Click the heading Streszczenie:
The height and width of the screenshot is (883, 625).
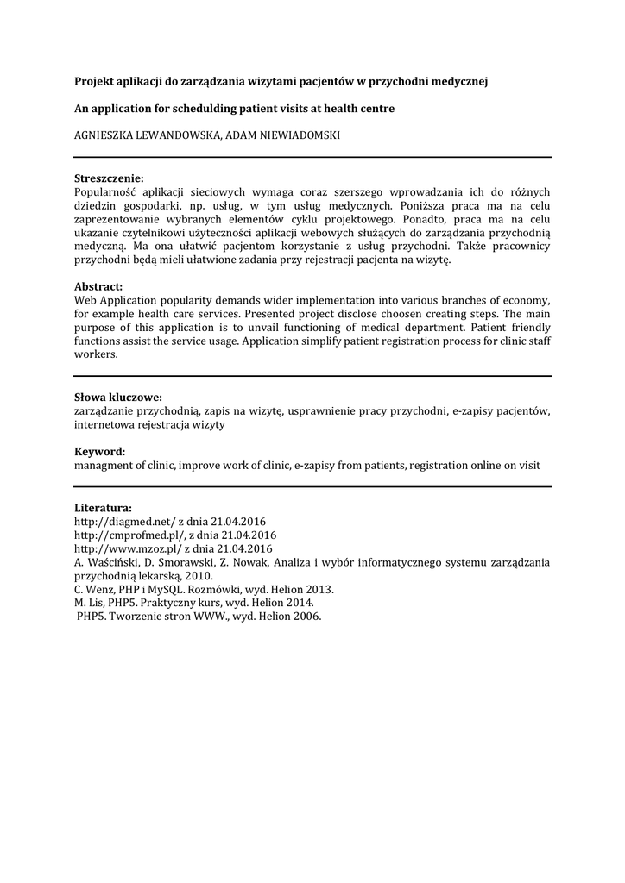[109, 178]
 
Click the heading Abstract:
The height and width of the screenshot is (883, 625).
[98, 286]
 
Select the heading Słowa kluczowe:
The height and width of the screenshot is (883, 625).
[118, 398]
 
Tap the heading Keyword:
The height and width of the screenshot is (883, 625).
[99, 452]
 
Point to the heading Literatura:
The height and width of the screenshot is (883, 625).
[103, 508]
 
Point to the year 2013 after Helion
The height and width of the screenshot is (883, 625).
[318, 590]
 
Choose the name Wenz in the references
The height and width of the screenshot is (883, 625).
[98, 590]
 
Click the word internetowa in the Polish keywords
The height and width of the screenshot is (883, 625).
[104, 424]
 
